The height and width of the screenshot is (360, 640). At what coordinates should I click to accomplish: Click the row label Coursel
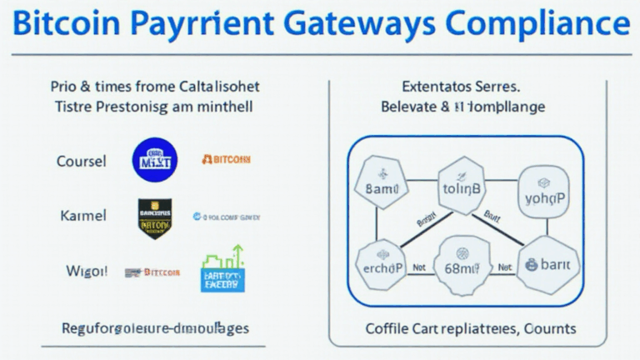pyautogui.click(x=81, y=161)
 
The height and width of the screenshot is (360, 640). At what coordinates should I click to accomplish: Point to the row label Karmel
pyautogui.click(x=82, y=216)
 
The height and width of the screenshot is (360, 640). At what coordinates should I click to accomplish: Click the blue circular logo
pyautogui.click(x=154, y=160)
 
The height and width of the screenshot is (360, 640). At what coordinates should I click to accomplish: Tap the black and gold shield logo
pyautogui.click(x=154, y=218)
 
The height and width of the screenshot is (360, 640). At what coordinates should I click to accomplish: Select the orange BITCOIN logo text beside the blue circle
pyautogui.click(x=226, y=159)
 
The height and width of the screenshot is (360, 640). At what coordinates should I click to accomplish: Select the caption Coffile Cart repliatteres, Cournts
pyautogui.click(x=459, y=327)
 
